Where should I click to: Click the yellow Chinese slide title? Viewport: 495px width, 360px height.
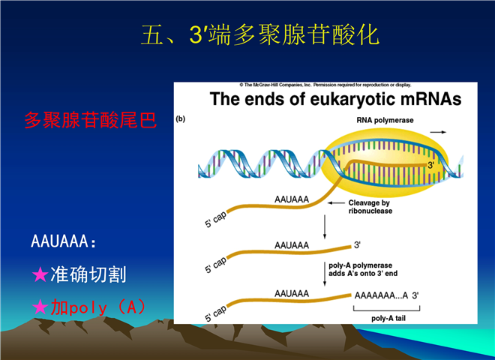point(259,34)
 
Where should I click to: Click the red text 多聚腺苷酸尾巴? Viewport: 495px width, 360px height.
point(91,120)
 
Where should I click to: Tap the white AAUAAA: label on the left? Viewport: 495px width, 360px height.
point(63,241)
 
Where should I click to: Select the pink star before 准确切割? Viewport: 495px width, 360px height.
point(40,274)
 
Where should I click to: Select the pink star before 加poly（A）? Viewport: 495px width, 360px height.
point(40,307)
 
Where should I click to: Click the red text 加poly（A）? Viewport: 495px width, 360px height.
point(98,307)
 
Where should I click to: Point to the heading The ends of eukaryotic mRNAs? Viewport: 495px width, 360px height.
point(335,99)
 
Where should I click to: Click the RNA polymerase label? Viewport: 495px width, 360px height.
point(385,120)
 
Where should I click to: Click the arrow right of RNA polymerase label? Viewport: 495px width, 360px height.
point(438,132)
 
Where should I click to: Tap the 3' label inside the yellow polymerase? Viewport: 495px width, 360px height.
point(431,165)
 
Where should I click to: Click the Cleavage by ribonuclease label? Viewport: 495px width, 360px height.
point(370,207)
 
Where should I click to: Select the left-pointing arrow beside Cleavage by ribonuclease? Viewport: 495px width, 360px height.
point(336,202)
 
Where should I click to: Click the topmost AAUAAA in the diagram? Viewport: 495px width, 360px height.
point(292,199)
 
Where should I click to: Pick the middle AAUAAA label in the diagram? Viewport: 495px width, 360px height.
point(292,245)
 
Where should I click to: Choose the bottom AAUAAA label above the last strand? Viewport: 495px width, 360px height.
point(292,294)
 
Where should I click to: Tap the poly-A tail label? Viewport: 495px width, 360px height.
point(388,318)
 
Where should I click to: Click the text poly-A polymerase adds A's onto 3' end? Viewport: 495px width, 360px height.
point(363,269)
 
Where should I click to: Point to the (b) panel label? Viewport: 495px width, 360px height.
point(180,118)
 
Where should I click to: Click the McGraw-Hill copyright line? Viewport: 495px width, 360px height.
point(325,85)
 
